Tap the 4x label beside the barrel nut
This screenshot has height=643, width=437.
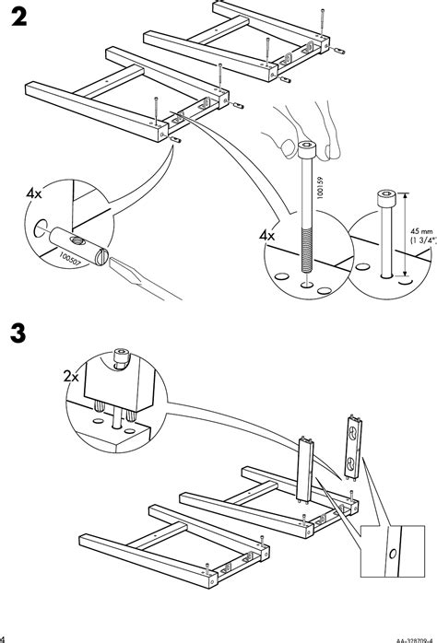(x=34, y=195)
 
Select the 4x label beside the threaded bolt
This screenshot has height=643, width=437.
(x=268, y=236)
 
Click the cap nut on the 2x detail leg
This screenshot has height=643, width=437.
(x=119, y=356)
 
